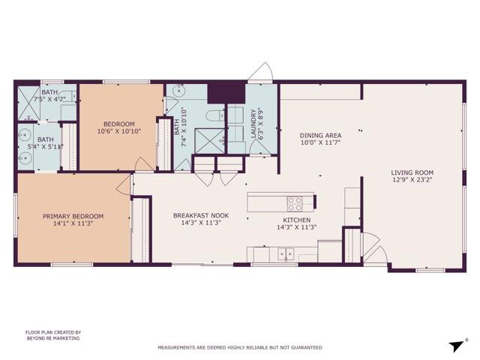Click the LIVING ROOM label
click(x=412, y=172)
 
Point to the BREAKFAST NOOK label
click(x=201, y=215)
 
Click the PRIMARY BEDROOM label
click(x=73, y=216)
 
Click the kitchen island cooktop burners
click(x=295, y=202)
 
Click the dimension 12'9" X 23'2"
click(x=412, y=179)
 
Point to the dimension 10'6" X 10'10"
click(x=119, y=131)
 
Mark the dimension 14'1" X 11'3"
click(x=73, y=223)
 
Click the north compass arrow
click(x=457, y=344)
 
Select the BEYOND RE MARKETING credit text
click(x=52, y=339)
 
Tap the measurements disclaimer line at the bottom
click(x=239, y=347)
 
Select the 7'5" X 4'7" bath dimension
click(x=51, y=97)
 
